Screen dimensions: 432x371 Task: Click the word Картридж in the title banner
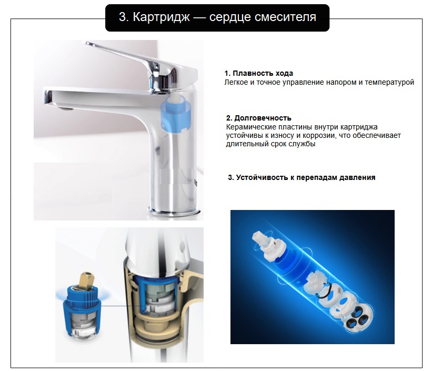[161, 17]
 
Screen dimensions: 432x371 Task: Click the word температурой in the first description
[389, 82]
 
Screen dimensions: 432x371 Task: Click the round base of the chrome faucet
[176, 212]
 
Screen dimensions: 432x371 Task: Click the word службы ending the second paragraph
[302, 144]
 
